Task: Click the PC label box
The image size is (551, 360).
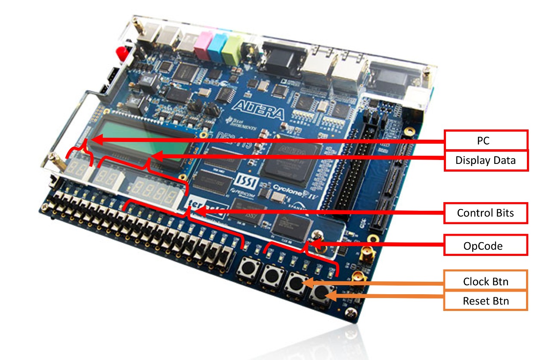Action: [x=486, y=140]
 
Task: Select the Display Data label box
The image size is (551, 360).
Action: [x=486, y=161]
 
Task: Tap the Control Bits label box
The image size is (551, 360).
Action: [x=486, y=212]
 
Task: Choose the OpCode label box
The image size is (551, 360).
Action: [x=486, y=246]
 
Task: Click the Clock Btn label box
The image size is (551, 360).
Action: [x=486, y=282]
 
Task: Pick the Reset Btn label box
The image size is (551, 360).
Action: [x=486, y=301]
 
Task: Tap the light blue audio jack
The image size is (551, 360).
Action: [x=216, y=47]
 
